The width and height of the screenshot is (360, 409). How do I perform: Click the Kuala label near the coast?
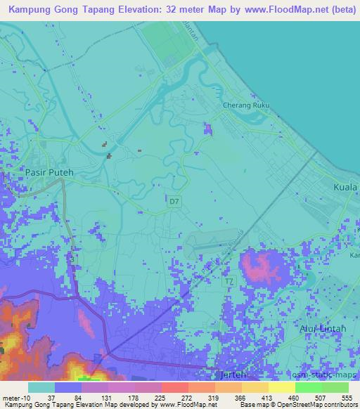pyautogui.click(x=345, y=188)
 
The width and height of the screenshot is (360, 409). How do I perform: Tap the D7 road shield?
pyautogui.click(x=174, y=201)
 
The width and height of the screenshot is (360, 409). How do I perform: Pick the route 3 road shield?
pyautogui.click(x=72, y=259)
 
